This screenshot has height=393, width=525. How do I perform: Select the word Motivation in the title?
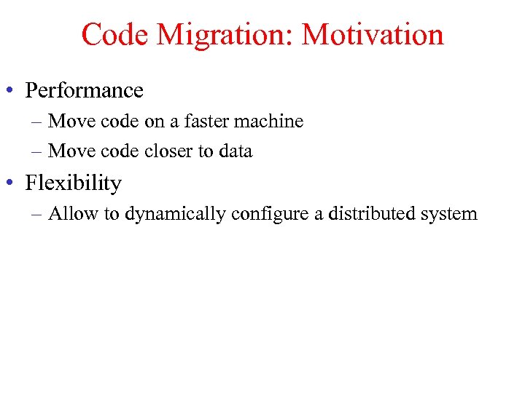[373, 35]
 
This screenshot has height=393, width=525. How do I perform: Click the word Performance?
[85, 91]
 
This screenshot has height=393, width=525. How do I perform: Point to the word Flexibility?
[74, 183]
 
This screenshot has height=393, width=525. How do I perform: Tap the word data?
[236, 151]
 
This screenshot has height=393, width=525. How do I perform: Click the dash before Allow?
[37, 215]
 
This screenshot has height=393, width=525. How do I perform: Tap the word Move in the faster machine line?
[69, 122]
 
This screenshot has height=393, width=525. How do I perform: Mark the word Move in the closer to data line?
[69, 151]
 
